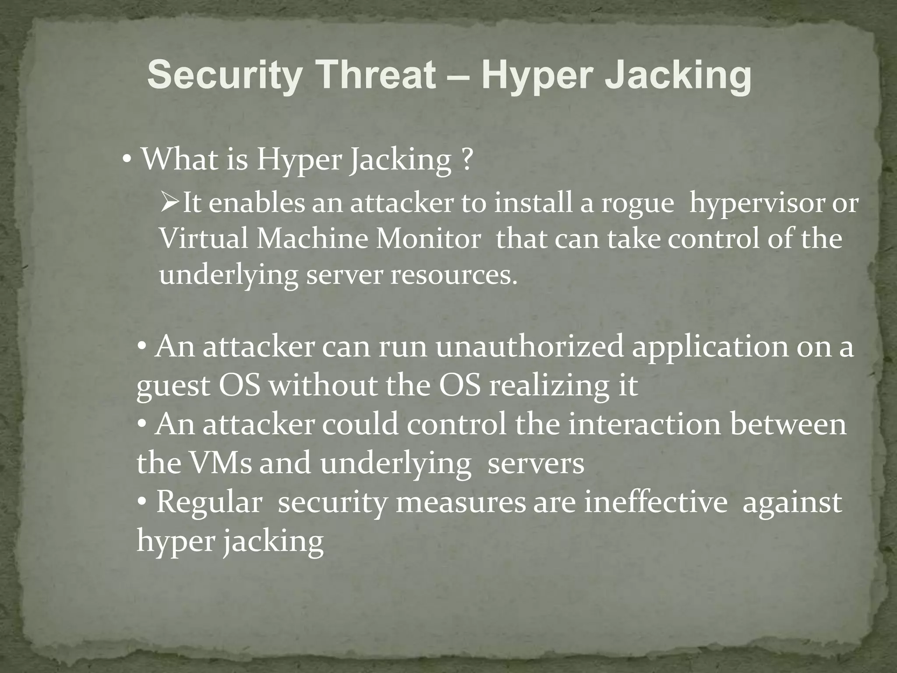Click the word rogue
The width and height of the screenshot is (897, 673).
coord(637,204)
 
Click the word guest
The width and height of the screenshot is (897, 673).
coord(173,386)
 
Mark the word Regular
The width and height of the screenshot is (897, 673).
coord(209,503)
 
